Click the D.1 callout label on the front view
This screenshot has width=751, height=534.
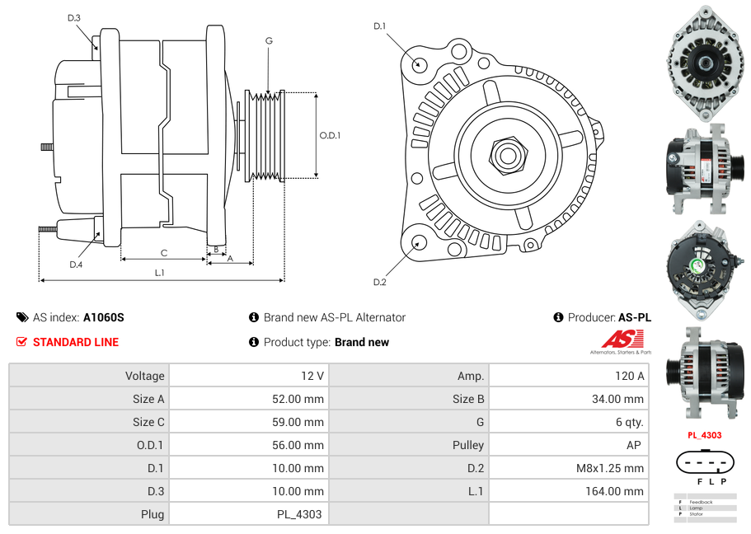pos(379,26)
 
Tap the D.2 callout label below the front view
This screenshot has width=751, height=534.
pos(379,283)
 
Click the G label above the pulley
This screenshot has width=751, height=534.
pos(269,41)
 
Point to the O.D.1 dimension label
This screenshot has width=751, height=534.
pos(330,136)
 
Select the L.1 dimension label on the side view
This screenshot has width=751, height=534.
pos(160,272)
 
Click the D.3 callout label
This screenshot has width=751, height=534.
pos(74,17)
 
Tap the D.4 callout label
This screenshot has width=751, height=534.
pos(76,265)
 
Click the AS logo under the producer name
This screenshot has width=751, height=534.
pos(622,340)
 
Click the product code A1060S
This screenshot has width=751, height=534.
pos(103,317)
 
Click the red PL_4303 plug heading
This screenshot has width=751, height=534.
pos(705,435)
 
